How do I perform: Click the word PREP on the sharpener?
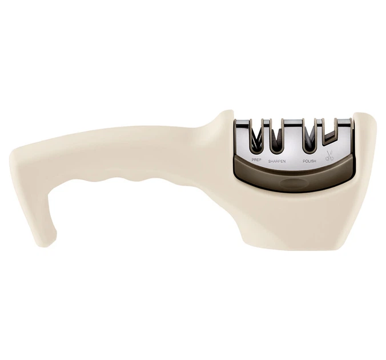click(x=256, y=159)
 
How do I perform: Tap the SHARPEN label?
click(x=277, y=161)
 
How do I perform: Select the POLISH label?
click(x=309, y=161)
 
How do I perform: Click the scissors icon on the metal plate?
click(x=329, y=156)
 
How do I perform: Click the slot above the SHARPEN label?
click(x=277, y=139)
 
